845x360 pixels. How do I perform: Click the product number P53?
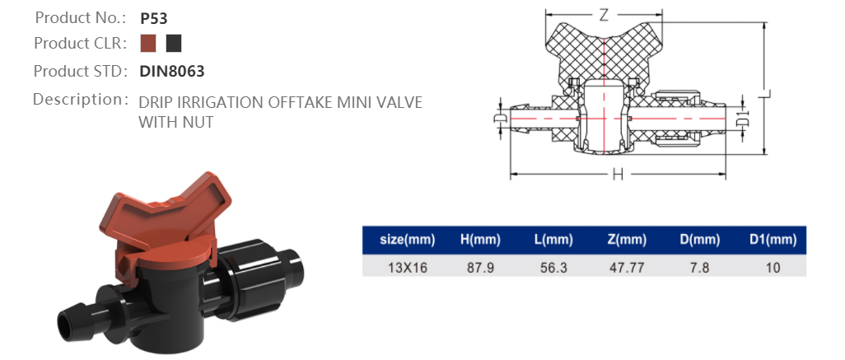coord(155,17)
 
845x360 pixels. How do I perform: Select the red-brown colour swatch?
coord(148,44)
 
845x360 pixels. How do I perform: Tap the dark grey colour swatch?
coord(173,44)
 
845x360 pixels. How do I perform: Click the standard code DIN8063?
coord(171,72)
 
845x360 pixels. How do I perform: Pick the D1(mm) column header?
coord(773,240)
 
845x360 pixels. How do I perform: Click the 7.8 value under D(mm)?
coord(699,268)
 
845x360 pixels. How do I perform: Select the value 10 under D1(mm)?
coord(773,268)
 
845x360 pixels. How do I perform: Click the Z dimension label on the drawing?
coord(604,15)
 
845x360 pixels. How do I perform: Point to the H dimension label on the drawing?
coord(617,175)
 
